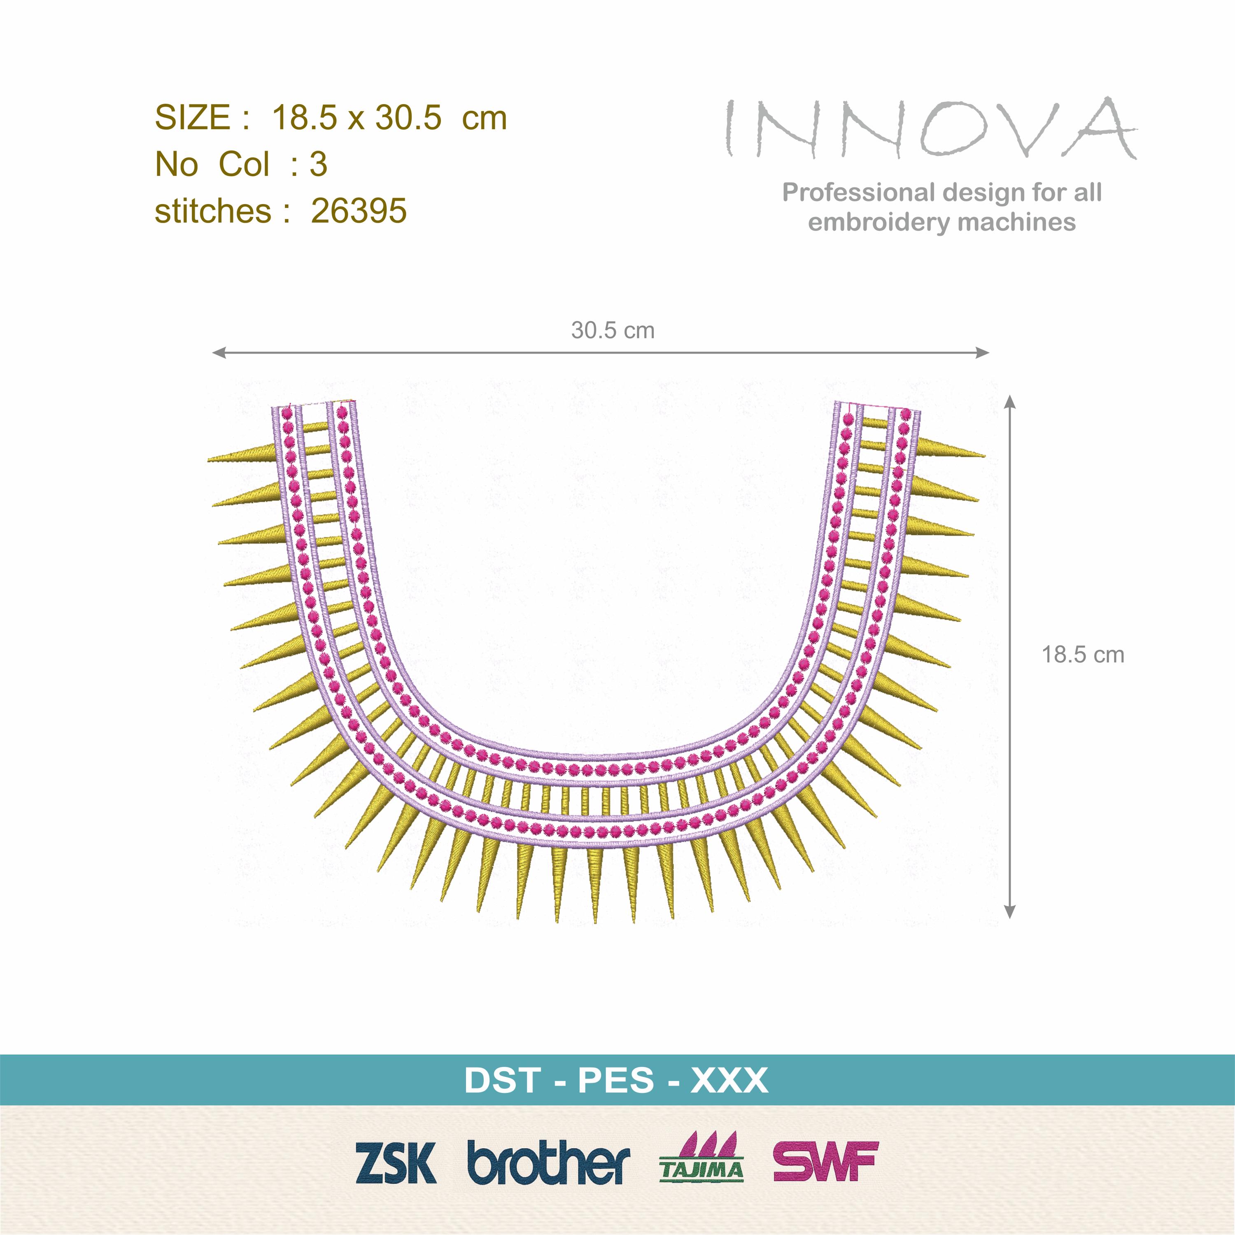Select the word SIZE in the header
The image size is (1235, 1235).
point(192,118)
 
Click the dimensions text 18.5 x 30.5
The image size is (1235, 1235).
point(357,118)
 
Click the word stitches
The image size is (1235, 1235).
point(213,212)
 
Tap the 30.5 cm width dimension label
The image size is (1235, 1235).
point(613,331)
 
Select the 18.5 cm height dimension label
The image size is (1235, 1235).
point(1083,655)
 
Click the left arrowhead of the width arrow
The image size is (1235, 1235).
point(218,352)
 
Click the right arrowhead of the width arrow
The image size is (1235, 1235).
point(983,352)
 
